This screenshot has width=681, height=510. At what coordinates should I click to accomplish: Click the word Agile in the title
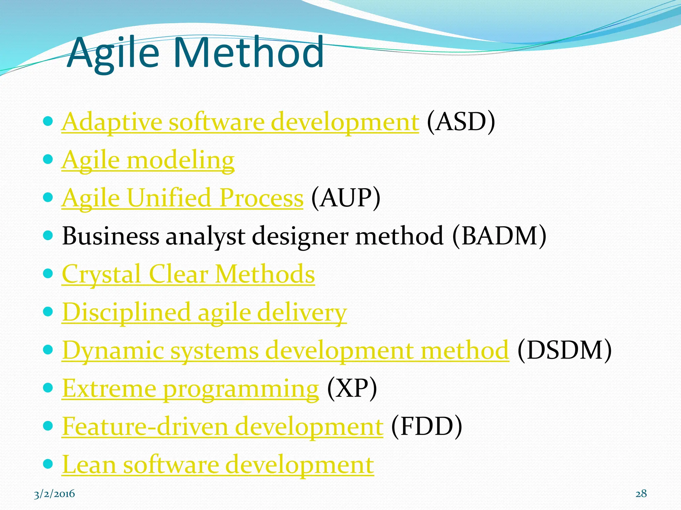[112, 53]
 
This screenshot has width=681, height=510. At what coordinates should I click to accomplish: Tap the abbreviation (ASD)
[461, 122]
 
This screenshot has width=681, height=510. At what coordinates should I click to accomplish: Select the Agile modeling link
[148, 160]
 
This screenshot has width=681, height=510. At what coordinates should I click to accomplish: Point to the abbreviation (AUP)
[345, 198]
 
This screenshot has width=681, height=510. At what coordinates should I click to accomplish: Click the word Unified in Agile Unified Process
[169, 198]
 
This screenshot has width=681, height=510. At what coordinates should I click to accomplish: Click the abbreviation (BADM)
[499, 236]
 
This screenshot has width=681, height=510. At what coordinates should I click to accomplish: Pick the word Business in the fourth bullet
[111, 236]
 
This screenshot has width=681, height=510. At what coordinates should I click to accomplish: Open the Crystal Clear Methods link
[188, 274]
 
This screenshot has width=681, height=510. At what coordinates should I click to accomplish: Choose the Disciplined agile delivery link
[204, 312]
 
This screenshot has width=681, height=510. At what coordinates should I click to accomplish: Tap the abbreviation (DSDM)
[564, 351]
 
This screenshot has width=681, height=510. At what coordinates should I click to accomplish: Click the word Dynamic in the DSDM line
[113, 351]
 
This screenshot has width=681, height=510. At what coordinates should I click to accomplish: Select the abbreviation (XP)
[352, 388]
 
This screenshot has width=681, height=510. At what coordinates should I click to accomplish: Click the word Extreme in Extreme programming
[109, 388]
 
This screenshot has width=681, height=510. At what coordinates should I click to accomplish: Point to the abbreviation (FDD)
[426, 426]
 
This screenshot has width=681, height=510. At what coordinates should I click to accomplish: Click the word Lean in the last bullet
[89, 465]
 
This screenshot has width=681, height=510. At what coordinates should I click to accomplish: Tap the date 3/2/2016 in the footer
[55, 494]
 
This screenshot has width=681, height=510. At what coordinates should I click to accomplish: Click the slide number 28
[641, 494]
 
